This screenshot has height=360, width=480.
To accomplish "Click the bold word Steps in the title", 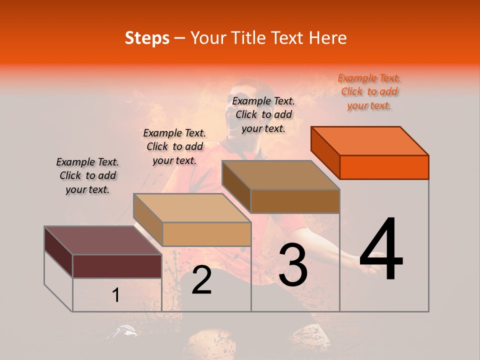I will point(147,38).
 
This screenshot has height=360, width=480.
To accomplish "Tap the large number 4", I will point(381,250).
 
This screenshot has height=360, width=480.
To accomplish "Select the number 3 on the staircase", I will point(293,265).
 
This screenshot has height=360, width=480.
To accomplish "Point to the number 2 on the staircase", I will point(201,280).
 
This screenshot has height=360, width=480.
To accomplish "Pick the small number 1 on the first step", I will point(116,295).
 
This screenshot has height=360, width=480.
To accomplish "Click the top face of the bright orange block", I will point(370,141).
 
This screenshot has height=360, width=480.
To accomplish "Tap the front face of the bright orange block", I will point(384,167).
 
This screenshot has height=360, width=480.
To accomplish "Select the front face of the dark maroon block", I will point(117,266).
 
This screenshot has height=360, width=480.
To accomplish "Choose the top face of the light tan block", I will point(192,208).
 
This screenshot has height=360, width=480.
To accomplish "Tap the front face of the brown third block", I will point(295,201).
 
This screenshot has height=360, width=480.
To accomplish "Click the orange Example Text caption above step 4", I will point(369,91).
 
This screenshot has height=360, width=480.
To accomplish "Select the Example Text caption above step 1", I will point(87,175).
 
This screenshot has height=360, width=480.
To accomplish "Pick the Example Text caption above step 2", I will point(174,146).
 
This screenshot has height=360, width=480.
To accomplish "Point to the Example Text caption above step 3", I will point(263,114).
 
